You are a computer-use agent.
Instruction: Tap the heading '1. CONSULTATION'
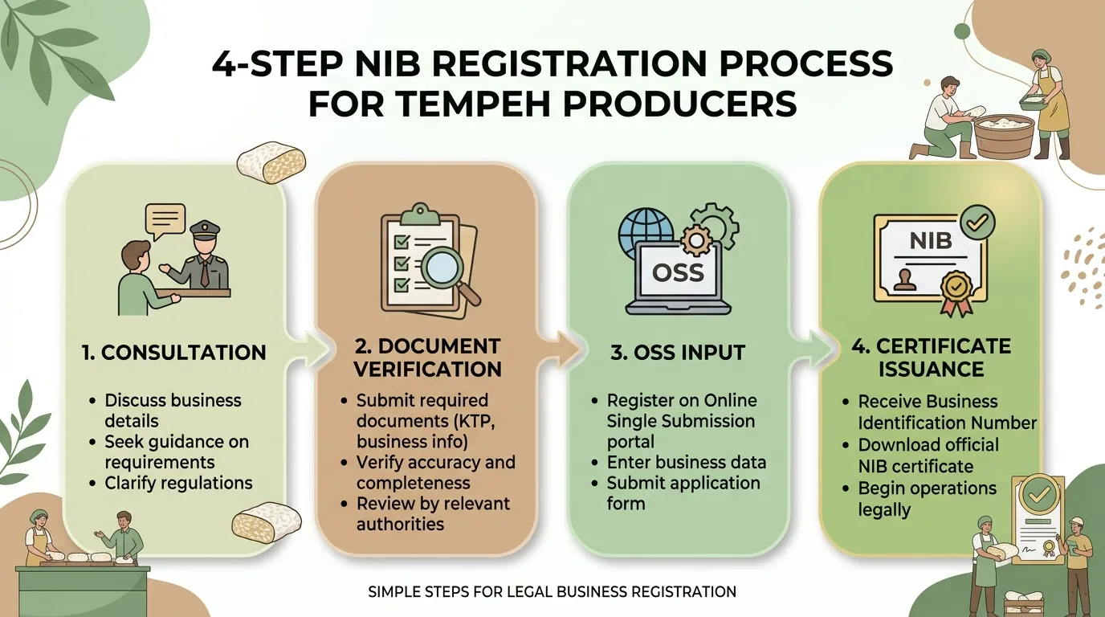pos(174,353)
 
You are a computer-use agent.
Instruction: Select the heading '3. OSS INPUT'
pos(678,353)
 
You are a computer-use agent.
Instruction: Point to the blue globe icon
pos(644,232)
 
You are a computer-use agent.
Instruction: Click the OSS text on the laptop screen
pos(678,272)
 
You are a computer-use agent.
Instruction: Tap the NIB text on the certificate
pos(931,241)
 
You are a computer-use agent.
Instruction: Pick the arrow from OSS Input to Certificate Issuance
pos(814,349)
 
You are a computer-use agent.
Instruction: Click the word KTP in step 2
pos(475,421)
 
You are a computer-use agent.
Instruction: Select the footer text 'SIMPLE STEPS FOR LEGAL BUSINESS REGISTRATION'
pos(552,592)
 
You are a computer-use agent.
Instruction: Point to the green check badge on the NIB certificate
pos(977,223)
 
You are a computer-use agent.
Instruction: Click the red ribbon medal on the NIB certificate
pos(957,293)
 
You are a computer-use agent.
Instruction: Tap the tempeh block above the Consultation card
pos(271,162)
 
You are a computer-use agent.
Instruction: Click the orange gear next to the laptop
pos(696,240)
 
